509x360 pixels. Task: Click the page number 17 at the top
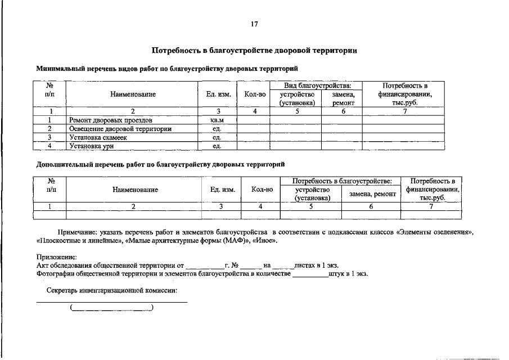pyautogui.click(x=254, y=24)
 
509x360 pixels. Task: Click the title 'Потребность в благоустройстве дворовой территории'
pyautogui.click(x=254, y=51)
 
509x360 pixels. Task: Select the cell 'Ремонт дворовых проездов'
pyautogui.click(x=111, y=120)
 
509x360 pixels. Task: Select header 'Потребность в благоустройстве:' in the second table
pyautogui.click(x=340, y=181)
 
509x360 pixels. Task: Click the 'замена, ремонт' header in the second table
pyautogui.click(x=372, y=194)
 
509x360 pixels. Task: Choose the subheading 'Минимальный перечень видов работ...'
pyautogui.click(x=167, y=69)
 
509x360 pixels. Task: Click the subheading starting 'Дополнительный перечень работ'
pyautogui.click(x=160, y=165)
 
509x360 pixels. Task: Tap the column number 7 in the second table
pyautogui.click(x=431, y=206)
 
